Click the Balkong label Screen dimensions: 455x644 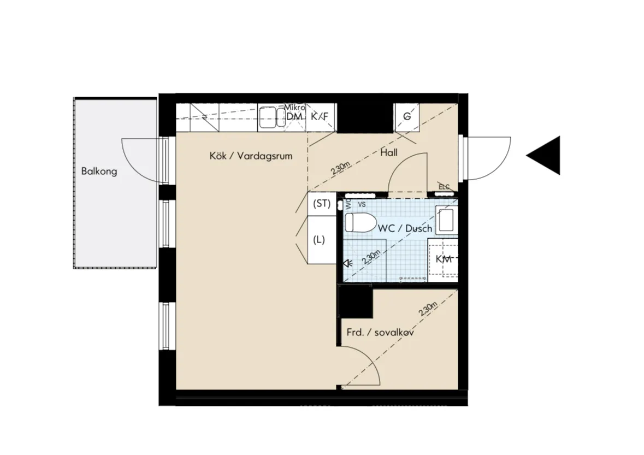click(99, 171)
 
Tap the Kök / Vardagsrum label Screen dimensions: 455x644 click(251, 156)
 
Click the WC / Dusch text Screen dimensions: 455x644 click(405, 228)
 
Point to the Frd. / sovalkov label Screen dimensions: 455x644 click(380, 332)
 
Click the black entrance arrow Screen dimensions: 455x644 click(545, 155)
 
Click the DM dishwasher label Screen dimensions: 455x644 click(294, 117)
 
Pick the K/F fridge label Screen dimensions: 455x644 click(320, 116)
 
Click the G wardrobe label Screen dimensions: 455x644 click(406, 116)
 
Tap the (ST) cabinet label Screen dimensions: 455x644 click(322, 204)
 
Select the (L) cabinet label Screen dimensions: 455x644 click(320, 239)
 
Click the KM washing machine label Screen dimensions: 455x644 click(443, 259)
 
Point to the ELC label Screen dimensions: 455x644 click(444, 187)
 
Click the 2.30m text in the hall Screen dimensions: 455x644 click(340, 167)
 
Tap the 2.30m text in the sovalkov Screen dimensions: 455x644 click(428, 309)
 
